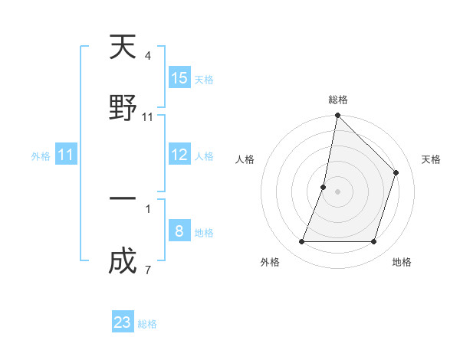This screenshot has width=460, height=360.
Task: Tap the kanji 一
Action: [x=123, y=199]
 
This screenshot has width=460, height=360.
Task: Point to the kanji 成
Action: [x=123, y=260]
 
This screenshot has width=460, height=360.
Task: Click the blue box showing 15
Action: [x=179, y=78]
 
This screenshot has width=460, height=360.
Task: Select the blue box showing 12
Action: [x=179, y=155]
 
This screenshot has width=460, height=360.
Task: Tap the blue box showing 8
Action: [x=179, y=231]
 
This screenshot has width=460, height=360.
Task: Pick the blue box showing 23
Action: [x=123, y=322]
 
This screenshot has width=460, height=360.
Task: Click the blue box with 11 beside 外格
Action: [x=66, y=155]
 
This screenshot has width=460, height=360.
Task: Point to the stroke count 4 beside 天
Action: [x=148, y=56]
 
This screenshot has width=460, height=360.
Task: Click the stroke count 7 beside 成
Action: [x=148, y=269]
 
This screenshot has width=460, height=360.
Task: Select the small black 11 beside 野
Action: [x=148, y=116]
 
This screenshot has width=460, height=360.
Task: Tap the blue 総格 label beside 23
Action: [x=147, y=324]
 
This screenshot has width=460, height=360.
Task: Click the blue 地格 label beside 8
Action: [x=204, y=232]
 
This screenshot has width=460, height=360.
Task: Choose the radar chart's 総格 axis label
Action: [x=338, y=100]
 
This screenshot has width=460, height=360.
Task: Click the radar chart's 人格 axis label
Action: [x=245, y=159]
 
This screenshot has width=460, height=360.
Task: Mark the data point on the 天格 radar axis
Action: [x=396, y=172]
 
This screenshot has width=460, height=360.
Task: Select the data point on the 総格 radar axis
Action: [x=337, y=116]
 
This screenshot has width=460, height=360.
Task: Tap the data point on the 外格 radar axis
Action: [x=301, y=242]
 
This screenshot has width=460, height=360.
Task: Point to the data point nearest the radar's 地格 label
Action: [x=373, y=242]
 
